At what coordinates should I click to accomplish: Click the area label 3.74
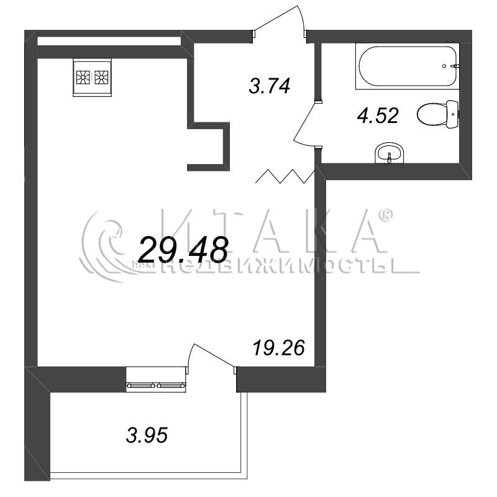(269, 86)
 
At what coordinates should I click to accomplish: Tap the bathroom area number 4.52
(378, 116)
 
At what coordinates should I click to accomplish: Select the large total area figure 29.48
(183, 250)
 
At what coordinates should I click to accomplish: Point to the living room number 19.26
(279, 348)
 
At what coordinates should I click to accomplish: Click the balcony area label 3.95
(147, 435)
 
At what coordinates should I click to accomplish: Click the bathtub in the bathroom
(408, 66)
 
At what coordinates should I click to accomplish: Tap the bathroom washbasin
(390, 153)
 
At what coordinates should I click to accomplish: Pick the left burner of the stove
(83, 77)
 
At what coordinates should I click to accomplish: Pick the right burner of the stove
(101, 77)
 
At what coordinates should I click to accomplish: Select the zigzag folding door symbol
(285, 176)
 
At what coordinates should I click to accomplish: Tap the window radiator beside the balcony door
(157, 385)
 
